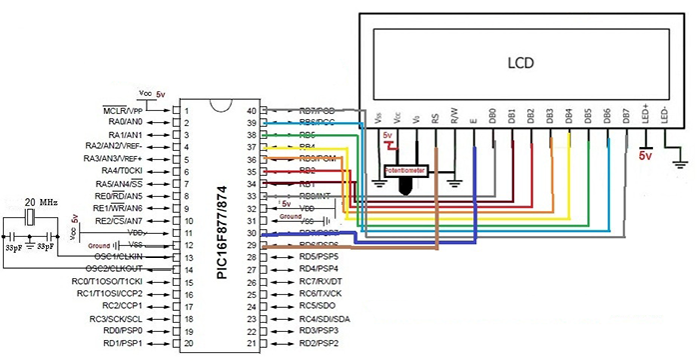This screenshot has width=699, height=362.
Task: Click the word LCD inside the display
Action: [x=519, y=62]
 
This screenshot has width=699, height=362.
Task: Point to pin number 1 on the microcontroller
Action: [x=186, y=109]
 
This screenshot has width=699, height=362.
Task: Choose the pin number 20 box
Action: [x=186, y=343]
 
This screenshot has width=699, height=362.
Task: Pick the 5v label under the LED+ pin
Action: [x=645, y=156]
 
